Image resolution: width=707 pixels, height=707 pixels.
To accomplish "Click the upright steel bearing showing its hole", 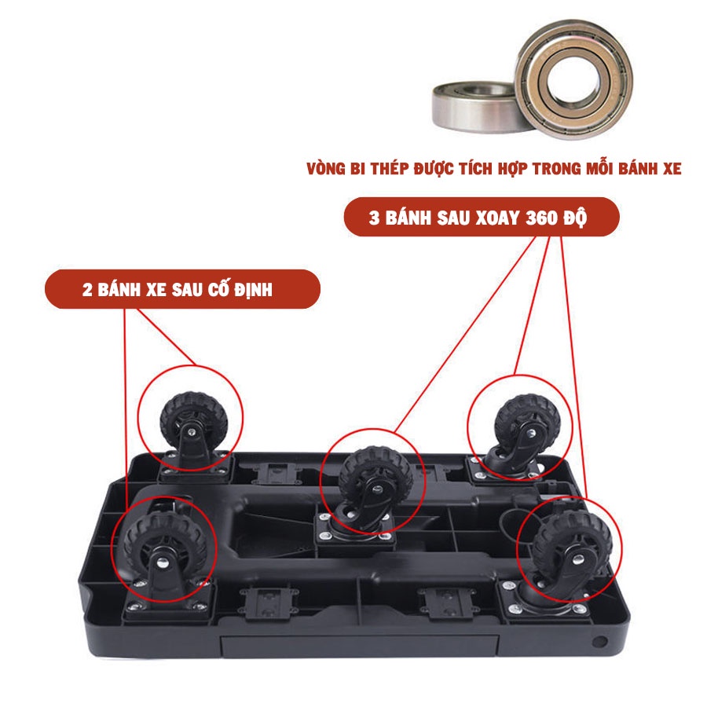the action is point(573,79).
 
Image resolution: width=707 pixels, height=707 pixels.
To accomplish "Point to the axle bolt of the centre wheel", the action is point(378,489).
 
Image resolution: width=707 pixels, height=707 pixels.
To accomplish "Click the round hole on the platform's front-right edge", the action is point(599,641).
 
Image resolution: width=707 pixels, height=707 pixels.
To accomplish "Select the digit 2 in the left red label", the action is point(87,289).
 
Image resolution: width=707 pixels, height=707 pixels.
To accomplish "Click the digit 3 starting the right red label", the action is point(374,218).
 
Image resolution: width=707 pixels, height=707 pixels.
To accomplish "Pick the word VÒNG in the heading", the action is point(325,168).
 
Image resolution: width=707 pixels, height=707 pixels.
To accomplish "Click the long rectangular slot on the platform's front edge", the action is point(359,647).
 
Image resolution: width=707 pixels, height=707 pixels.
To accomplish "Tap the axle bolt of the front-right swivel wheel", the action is point(578,560).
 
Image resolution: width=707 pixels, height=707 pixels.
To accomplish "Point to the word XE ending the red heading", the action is point(672,169).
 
